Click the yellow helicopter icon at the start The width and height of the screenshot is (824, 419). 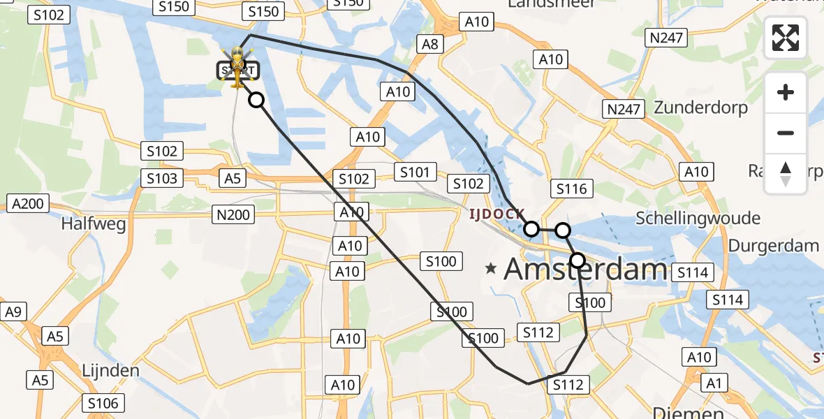[238, 68]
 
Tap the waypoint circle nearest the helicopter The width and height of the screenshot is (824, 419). [256, 100]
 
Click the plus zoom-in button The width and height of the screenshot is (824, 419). [786, 92]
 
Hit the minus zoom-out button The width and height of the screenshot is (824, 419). [786, 133]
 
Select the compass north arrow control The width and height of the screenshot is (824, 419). [786, 174]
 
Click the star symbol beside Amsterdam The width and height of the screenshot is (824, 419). [492, 267]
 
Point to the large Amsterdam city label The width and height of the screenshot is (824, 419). [585, 268]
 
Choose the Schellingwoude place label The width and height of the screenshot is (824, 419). [698, 219]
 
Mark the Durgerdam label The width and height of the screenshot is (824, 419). [773, 245]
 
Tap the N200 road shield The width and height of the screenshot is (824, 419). [234, 215]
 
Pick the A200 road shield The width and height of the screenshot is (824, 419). [29, 204]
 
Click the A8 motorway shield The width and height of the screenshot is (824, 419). [429, 45]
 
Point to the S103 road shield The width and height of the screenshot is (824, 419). [162, 178]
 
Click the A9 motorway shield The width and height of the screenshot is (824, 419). [13, 312]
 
